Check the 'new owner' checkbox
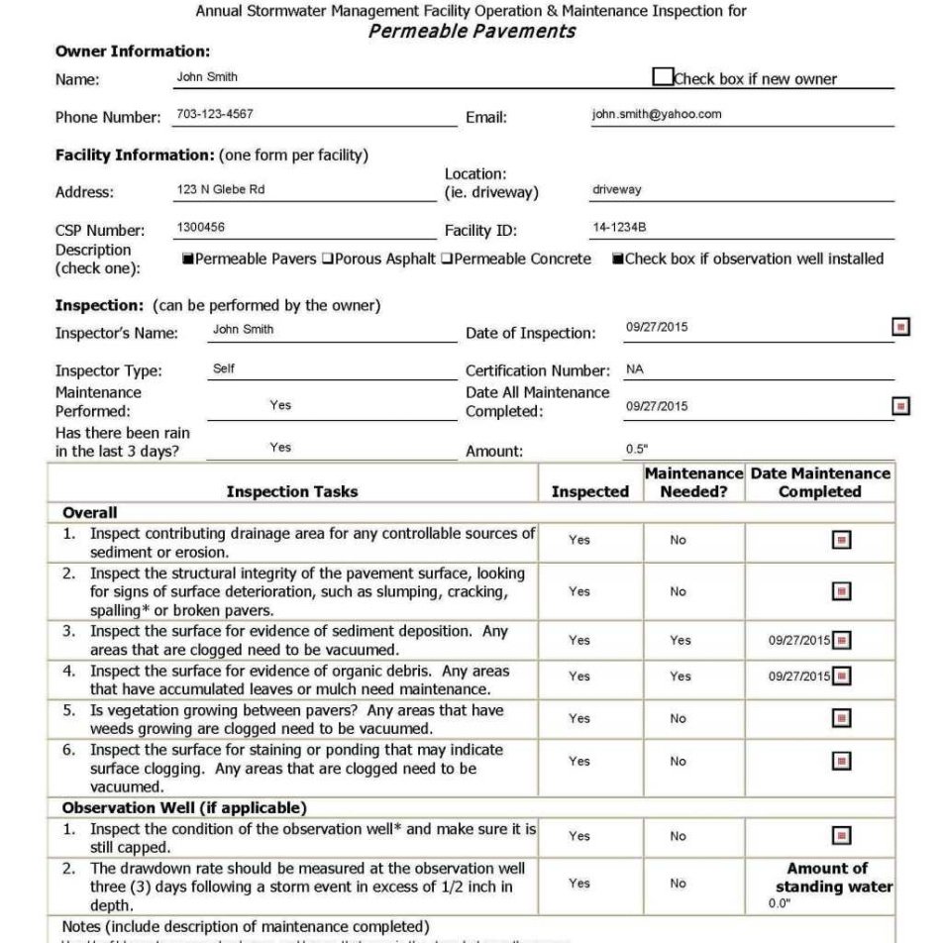pyautogui.click(x=663, y=77)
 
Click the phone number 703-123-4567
pyautogui.click(x=215, y=114)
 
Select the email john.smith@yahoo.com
pyautogui.click(x=657, y=114)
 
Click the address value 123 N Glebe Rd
pyautogui.click(x=221, y=189)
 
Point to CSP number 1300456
pyautogui.click(x=201, y=227)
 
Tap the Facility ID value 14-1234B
pyautogui.click(x=619, y=227)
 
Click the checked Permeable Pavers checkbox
pyautogui.click(x=187, y=260)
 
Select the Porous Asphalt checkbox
pyautogui.click(x=326, y=260)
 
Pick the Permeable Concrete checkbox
pyautogui.click(x=447, y=260)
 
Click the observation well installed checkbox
pyautogui.click(x=618, y=260)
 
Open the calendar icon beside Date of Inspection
pyautogui.click(x=900, y=327)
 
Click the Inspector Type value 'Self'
pyautogui.click(x=224, y=368)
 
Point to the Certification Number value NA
pyautogui.click(x=635, y=369)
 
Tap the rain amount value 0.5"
pyautogui.click(x=637, y=450)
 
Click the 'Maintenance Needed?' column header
pyautogui.click(x=693, y=482)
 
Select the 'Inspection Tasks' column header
pyautogui.click(x=292, y=491)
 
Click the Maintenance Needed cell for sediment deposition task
pyautogui.click(x=680, y=640)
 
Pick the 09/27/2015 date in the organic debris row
pyautogui.click(x=798, y=677)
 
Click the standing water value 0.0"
pyautogui.click(x=780, y=903)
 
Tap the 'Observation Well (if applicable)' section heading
pyautogui.click(x=184, y=808)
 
